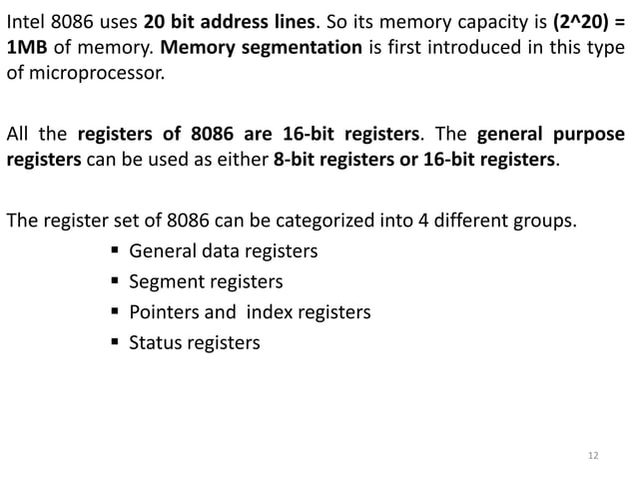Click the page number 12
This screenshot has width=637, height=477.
tap(593, 456)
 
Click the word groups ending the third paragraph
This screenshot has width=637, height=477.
tap(548, 220)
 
